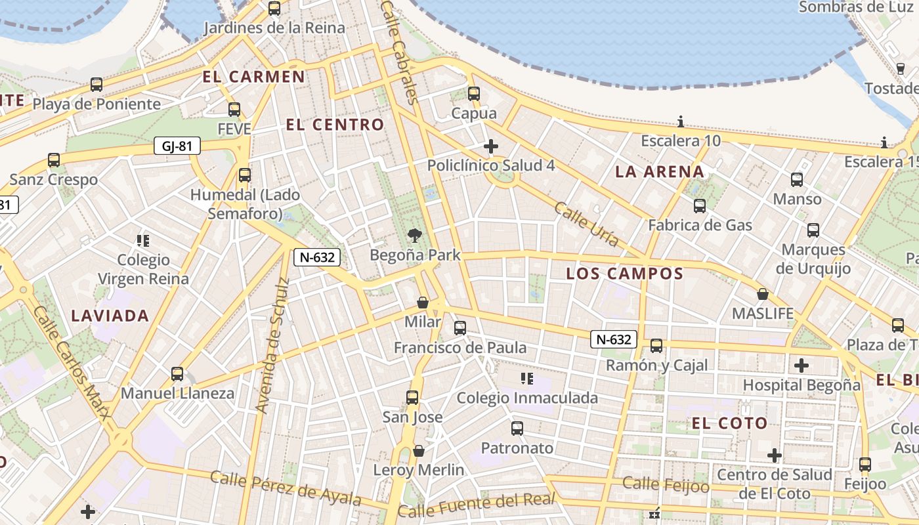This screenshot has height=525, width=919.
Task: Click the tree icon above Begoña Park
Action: (414, 235)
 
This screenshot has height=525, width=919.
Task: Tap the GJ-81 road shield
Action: (177, 146)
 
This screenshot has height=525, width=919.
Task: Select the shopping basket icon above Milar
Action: (423, 303)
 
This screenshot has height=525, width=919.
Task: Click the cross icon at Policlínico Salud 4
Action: (490, 146)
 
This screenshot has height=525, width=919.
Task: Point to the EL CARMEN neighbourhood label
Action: (253, 77)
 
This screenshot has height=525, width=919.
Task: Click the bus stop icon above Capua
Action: (474, 94)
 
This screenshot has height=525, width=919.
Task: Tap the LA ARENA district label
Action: (660, 172)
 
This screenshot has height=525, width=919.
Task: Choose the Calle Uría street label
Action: (587, 224)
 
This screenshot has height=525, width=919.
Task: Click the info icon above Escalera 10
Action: (681, 121)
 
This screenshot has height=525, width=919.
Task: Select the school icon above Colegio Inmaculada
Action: (526, 378)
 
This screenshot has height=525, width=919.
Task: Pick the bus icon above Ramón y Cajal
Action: (656, 346)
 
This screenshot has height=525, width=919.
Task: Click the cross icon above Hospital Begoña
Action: (801, 365)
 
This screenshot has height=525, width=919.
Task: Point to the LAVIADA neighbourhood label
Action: (110, 316)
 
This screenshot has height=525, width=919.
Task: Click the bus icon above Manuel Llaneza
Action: (177, 373)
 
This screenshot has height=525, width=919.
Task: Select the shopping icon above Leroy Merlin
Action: (418, 451)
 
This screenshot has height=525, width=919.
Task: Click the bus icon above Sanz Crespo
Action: (54, 160)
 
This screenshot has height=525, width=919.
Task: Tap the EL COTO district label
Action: (729, 423)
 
